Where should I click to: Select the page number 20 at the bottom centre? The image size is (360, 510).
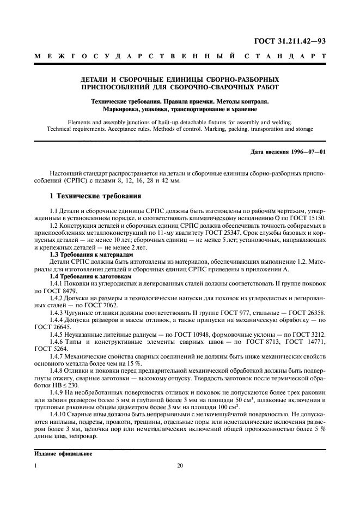point(180,466)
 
